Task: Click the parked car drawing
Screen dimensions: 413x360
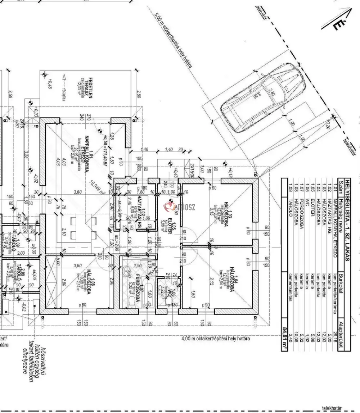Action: pos(265,100)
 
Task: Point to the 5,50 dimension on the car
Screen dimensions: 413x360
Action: pos(247,94)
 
